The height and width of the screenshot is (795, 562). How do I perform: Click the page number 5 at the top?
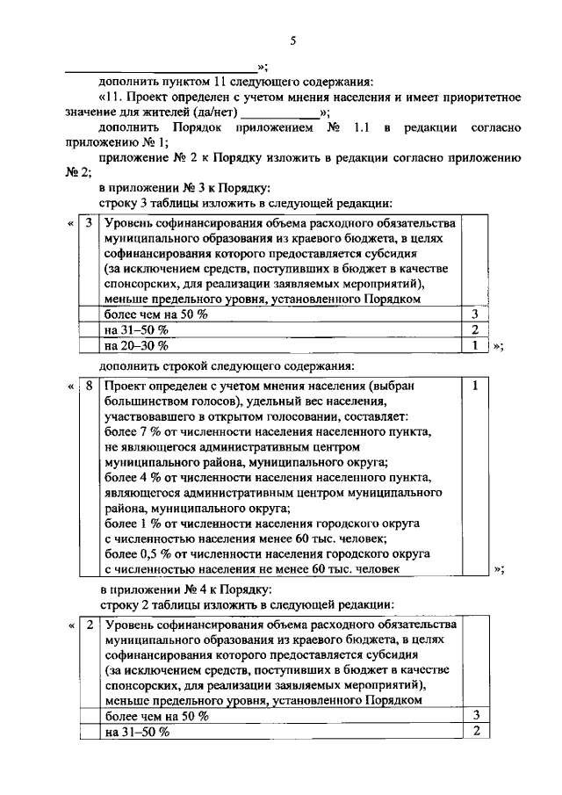[x=294, y=40]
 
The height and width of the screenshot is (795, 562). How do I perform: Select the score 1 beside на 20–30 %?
[x=474, y=344]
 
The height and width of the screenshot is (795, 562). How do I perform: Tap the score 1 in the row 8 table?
[x=474, y=386]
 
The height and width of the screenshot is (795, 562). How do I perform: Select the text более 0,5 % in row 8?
[x=134, y=553]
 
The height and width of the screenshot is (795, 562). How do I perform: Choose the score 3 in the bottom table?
[x=474, y=716]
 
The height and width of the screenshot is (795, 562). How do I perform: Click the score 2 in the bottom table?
[x=474, y=732]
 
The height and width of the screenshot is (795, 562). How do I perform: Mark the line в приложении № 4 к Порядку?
[x=186, y=589]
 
